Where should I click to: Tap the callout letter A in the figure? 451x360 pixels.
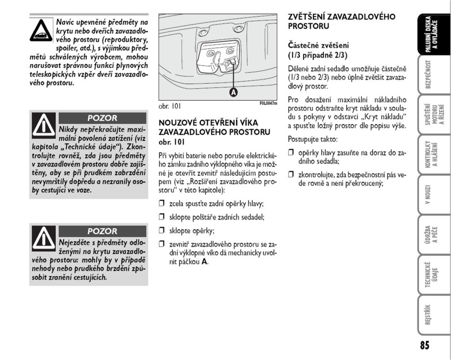[x=233, y=93]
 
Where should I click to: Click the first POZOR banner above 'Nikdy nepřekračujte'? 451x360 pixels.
[x=102, y=118]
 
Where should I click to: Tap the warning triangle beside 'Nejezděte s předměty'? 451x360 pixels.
[x=44, y=238]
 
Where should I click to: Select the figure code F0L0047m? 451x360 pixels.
[x=268, y=103]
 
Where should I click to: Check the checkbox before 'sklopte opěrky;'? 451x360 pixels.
[x=162, y=231]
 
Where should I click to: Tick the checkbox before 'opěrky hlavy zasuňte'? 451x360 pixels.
[x=291, y=153]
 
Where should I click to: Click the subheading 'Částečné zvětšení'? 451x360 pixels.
[x=318, y=45]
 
